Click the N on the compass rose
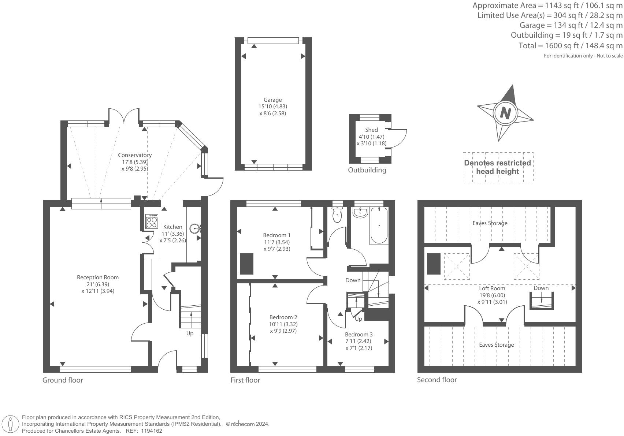[505, 113]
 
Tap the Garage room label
[273, 100]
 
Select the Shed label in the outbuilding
[371, 130]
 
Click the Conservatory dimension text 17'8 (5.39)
[135, 162]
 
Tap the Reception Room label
[98, 277]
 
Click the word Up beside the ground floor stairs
[190, 333]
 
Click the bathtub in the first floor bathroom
[379, 226]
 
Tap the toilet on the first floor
[337, 215]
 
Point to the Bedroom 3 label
[359, 334]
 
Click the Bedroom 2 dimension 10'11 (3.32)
[283, 324]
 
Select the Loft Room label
[492, 288]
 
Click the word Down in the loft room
[541, 288]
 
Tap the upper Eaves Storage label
[490, 223]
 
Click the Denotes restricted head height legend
[497, 167]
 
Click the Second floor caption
[437, 380]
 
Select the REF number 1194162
[151, 431]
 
